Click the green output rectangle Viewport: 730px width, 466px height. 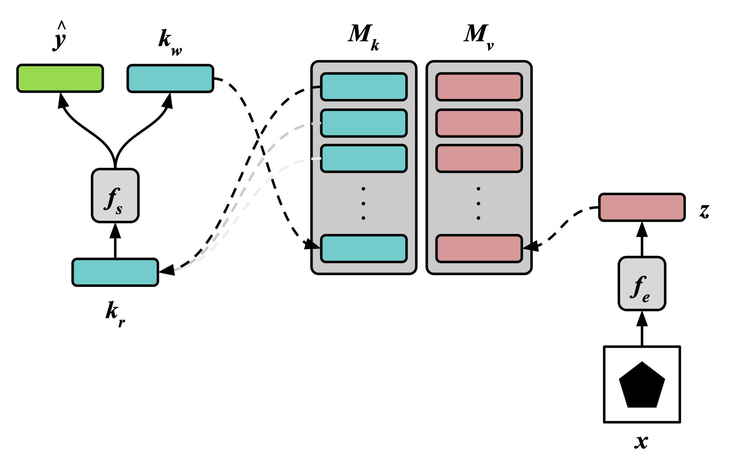pos(60,78)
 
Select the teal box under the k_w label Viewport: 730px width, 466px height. pos(170,78)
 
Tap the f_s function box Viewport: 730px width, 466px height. pos(115,196)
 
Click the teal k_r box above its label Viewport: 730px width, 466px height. pos(115,272)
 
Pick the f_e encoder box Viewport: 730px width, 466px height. pos(642,284)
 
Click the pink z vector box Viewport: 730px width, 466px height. pos(642,207)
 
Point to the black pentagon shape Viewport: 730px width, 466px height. pos(642,385)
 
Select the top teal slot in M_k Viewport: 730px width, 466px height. pos(364,87)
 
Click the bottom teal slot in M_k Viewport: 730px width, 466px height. pos(364,248)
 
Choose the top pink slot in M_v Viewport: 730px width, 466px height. pos(479,87)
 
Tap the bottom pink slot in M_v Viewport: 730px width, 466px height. pos(479,248)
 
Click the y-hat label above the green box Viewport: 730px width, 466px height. pos(60,37)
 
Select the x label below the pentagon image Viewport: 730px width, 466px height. pos(641,441)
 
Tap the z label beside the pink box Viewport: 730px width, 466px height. pos(704,211)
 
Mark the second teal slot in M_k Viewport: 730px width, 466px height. pos(364,123)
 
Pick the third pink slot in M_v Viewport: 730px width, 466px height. pos(479,158)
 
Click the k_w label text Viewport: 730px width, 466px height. pos(170,42)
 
